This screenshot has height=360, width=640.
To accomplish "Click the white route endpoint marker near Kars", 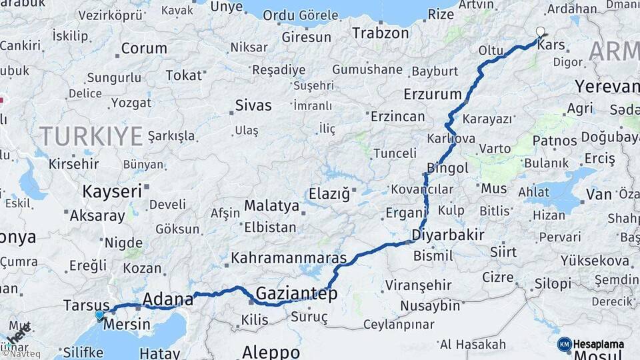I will pos(541,31).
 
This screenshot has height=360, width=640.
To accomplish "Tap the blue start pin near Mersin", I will pos(99,315).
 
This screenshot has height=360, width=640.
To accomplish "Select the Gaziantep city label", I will pos(297,293).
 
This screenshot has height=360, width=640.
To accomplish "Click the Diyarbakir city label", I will pos(447,234).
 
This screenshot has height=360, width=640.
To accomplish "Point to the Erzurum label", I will pos(433,94).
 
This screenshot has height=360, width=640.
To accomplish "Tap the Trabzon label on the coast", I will pos(380,33).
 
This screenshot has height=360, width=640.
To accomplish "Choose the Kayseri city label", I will pos(112,191).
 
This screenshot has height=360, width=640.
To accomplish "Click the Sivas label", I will pos(253,105).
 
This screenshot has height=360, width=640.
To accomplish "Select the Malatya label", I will pos(271,205).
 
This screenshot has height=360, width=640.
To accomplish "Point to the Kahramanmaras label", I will pos(289,258).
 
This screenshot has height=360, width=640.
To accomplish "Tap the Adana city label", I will pos(167,298).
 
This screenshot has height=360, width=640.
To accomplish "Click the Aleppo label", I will pos(271,351).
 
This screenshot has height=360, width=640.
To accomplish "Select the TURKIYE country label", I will pos(91,136).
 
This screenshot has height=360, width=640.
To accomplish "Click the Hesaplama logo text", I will pos(599,344).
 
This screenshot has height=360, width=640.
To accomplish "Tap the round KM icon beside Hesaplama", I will pos(565,344).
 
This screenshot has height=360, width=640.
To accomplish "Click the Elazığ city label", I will pos(329,194).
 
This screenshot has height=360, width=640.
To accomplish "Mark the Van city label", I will pos(599,195).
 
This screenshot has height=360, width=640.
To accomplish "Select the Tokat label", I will pos(183,75).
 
